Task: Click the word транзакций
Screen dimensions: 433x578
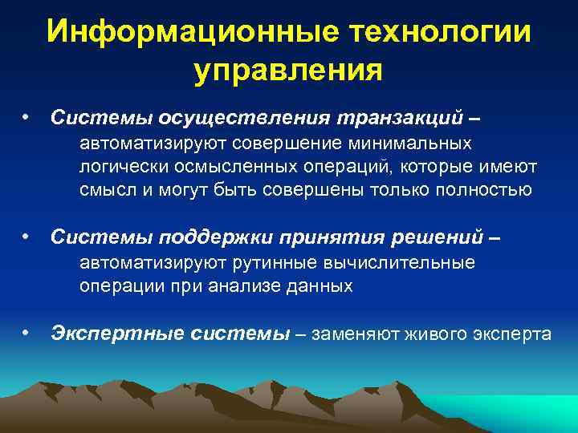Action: [398, 119]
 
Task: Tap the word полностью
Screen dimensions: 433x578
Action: [488, 189]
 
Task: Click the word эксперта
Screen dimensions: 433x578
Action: [515, 334]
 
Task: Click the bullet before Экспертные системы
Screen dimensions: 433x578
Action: [26, 331]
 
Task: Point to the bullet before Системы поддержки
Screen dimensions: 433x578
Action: [26, 237]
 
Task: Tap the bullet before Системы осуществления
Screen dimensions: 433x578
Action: [26, 118]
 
